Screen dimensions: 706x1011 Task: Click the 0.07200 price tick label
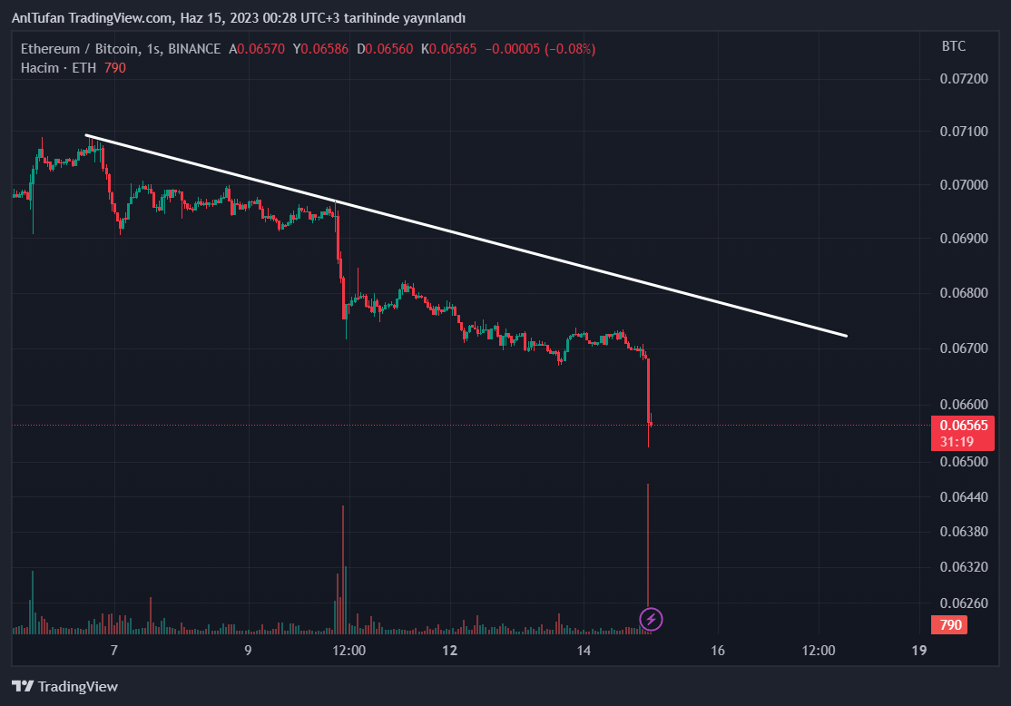coord(964,79)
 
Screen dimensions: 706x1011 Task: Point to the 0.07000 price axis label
coord(964,185)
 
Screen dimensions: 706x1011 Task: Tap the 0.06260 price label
coord(964,603)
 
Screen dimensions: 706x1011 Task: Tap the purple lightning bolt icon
coord(652,620)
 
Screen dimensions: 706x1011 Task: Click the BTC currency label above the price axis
coord(954,46)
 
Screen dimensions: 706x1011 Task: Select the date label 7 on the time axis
coord(113,650)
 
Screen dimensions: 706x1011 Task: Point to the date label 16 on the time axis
coord(718,650)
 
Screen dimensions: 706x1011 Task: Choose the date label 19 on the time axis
coord(918,650)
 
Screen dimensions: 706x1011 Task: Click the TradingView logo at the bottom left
coord(64,687)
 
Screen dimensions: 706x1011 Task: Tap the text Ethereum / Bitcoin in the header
coord(80,49)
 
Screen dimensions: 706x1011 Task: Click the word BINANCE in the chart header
coord(194,49)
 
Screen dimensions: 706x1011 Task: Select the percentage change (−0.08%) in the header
coord(570,49)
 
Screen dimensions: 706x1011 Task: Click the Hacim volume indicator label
coord(39,68)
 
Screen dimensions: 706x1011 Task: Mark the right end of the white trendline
coord(846,336)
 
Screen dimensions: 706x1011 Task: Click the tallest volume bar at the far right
coord(648,544)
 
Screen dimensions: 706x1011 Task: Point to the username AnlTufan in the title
coord(38,18)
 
